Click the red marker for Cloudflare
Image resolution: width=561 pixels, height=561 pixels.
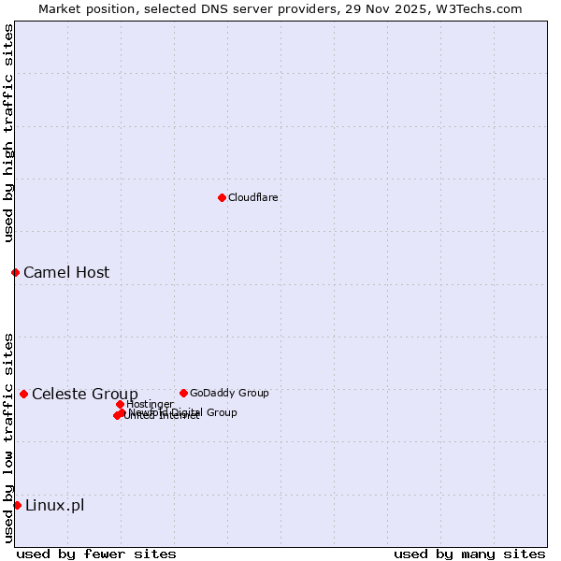222,197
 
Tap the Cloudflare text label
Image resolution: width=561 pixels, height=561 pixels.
253,197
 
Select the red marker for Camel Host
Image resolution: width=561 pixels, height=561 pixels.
15,272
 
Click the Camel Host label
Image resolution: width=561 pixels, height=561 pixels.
66,273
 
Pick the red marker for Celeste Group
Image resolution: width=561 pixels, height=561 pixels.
23,394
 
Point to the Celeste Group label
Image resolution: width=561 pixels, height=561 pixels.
85,394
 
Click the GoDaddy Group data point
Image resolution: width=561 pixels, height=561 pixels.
183,393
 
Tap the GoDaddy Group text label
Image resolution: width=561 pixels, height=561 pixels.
229,393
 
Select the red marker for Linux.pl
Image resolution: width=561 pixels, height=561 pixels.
17,505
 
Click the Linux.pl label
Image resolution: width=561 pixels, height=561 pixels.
54,506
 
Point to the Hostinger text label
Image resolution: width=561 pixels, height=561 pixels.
150,404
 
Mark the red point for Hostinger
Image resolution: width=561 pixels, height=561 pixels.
120,404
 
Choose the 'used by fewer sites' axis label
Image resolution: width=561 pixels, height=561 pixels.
96,554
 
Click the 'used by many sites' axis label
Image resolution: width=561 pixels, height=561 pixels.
469,554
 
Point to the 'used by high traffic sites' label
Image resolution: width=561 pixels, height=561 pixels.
8,133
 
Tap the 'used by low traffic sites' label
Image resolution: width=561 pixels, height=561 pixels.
8,437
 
